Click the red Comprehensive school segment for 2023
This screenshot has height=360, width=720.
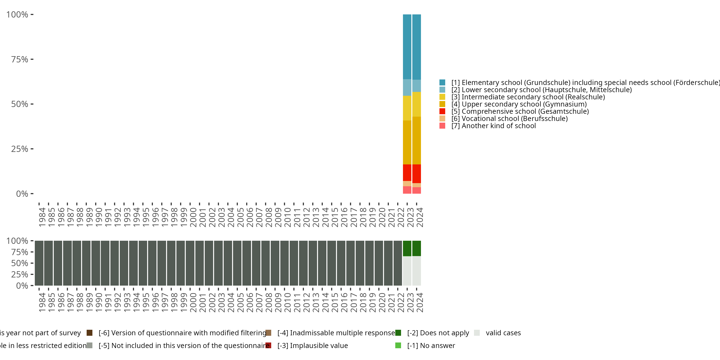click(407, 173)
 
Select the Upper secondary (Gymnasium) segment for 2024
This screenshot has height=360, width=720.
click(416, 140)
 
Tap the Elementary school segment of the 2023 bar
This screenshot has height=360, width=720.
click(407, 47)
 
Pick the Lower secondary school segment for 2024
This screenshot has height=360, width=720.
click(416, 86)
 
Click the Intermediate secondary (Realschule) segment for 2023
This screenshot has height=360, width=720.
click(407, 108)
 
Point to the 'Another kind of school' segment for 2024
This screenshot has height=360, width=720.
click(416, 190)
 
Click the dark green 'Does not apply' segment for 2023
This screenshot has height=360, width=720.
click(407, 248)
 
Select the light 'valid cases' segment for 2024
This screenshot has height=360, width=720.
click(416, 270)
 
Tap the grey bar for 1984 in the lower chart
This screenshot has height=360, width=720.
click(39, 263)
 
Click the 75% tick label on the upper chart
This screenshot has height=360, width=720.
click(20, 59)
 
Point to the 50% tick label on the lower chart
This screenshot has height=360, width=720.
click(20, 263)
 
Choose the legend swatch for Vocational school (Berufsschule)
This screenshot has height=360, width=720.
click(442, 119)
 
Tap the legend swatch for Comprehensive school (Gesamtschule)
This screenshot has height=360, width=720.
click(442, 111)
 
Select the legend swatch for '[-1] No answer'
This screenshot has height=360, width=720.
click(398, 345)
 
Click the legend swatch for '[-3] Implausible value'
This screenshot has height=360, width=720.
click(268, 345)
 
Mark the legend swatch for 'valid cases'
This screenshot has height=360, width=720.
click(477, 333)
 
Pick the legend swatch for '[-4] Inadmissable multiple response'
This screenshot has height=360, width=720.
click(268, 333)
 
